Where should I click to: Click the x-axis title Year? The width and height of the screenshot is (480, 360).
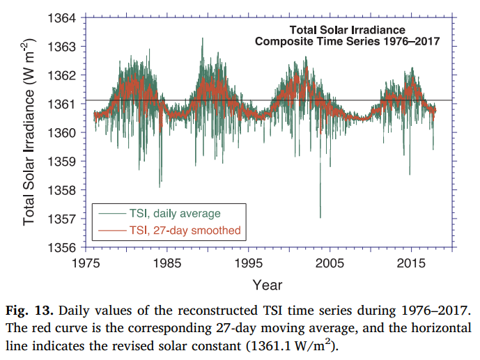tap(268, 284)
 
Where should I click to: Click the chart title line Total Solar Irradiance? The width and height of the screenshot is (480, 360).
tap(346, 30)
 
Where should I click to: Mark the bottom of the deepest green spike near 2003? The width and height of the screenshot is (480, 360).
tap(320, 217)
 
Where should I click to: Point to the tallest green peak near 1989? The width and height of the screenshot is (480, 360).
tap(203, 39)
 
